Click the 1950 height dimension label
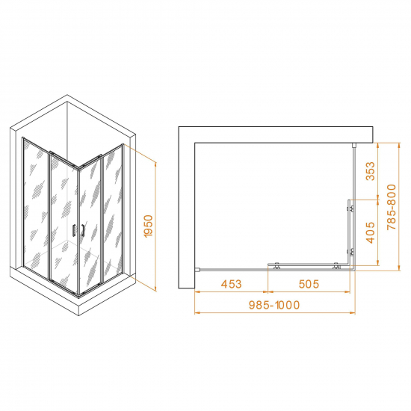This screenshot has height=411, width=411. click(149, 226)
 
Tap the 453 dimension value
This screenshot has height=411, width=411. click(231, 284)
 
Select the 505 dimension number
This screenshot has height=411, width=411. click(309, 284)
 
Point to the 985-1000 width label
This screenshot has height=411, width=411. click(274, 305)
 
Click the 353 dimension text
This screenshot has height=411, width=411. click(371, 171)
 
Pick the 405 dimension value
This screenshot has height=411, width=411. click(371, 232)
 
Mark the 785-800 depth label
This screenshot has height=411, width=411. click(392, 207)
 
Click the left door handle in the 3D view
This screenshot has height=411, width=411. click(74, 231)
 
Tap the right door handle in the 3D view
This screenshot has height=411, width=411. click(83, 230)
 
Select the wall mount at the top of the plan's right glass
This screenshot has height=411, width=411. click(354, 145)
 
